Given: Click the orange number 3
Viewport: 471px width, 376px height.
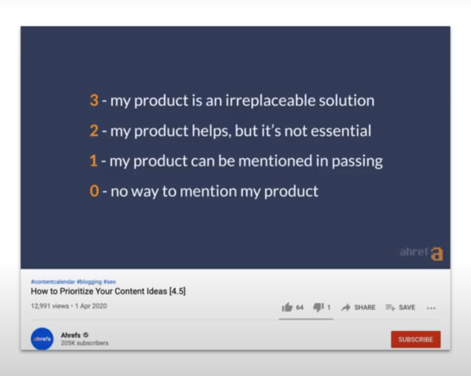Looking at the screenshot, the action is (94, 100).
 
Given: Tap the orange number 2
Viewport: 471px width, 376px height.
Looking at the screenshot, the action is (94, 131).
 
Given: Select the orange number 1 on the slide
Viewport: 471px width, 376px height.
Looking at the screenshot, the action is (93, 161).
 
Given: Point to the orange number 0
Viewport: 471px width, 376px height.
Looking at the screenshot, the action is (94, 191).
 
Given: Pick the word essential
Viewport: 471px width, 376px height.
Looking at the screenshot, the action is (341, 131).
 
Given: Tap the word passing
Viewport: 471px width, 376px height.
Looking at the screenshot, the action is (357, 162).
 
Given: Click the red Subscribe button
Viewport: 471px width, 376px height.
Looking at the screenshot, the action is (416, 339).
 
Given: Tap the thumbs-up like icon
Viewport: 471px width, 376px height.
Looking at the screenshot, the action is (287, 307).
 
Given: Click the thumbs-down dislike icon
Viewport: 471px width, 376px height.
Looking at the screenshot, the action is (318, 307).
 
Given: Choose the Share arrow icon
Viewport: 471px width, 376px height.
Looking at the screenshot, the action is (346, 307).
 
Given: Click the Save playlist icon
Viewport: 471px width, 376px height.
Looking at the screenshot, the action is (390, 307).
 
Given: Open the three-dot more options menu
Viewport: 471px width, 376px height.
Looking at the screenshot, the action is (431, 308).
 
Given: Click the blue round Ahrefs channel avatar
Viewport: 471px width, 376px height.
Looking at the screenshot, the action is (42, 339).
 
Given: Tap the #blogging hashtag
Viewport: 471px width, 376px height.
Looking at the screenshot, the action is (89, 282).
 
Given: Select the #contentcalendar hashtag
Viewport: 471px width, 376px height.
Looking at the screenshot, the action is (53, 281).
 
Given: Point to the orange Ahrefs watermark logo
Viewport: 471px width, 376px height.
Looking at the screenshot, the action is (437, 254).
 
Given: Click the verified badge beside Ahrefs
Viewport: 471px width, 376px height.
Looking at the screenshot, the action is (86, 335).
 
